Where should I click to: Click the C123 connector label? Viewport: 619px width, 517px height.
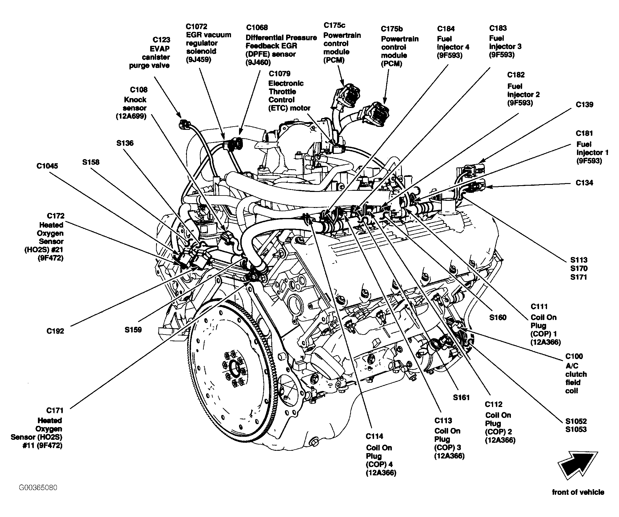pos(161,40)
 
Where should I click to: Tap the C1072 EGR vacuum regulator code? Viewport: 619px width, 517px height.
pos(197,27)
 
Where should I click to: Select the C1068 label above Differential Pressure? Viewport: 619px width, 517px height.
pos(257,28)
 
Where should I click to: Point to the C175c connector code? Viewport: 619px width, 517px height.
pos(334,25)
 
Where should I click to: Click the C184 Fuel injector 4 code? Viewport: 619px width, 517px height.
pos(446,29)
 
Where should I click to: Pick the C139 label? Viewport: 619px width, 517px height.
pos(584,104)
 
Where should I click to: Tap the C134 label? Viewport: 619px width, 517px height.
pos(584,183)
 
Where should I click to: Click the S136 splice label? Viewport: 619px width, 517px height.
pos(125,143)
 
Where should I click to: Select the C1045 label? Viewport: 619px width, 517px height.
pos(47,166)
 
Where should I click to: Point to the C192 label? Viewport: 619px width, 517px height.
pos(55,331)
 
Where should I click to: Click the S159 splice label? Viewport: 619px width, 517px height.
pos(133,329)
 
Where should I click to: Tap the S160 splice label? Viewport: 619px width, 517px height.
pos(498,318)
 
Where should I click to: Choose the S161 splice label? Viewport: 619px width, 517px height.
pos(461,397)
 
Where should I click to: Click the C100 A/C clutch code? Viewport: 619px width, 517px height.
pos(574,356)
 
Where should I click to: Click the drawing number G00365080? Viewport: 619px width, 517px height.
pos(38,487)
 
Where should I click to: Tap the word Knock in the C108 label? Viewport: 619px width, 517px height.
pos(135,100)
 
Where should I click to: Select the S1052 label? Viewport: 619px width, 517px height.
pos(576,421)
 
